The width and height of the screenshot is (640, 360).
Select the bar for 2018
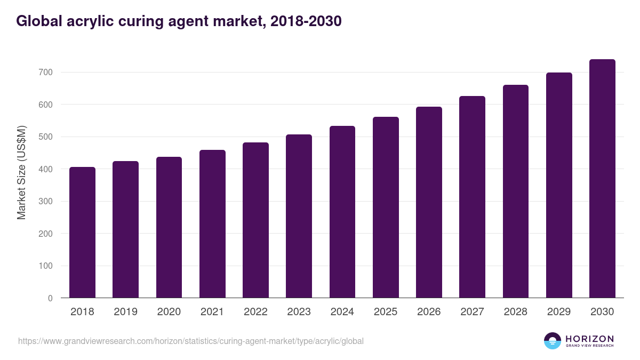click(x=82, y=233)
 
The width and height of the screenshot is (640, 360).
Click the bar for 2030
click(x=602, y=179)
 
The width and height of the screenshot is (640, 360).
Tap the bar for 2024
click(x=342, y=212)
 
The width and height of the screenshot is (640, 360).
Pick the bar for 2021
click(x=212, y=224)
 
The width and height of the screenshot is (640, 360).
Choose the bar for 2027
click(x=472, y=197)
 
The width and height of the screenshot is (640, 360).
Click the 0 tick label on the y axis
click(x=50, y=298)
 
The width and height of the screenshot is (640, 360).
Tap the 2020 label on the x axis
click(x=169, y=312)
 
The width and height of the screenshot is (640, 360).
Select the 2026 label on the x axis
click(x=429, y=312)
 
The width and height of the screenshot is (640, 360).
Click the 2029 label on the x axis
click(x=559, y=312)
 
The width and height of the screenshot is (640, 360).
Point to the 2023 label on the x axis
click(x=299, y=312)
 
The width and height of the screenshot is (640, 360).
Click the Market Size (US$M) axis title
click(x=21, y=172)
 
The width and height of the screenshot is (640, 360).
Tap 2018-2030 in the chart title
click(x=306, y=21)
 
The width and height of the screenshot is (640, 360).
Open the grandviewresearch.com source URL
click(x=191, y=341)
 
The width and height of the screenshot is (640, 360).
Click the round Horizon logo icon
click(x=553, y=341)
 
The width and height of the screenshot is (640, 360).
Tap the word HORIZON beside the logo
click(x=589, y=339)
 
